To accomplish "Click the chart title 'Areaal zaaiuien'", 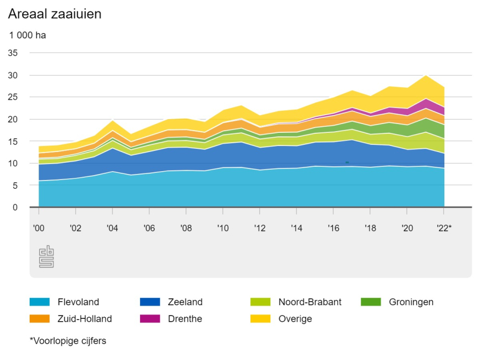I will pos(54,15).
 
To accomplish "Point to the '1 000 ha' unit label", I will pos(27,36).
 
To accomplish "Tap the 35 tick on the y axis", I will pos(13,53).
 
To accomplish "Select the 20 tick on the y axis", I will pos(13,119).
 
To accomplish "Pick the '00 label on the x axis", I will pos(39,227).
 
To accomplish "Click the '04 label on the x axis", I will pos(112,227).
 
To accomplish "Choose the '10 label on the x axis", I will pos(222,227).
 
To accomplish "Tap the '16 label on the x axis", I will pos(333,227).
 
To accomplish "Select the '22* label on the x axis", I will pos(444,227).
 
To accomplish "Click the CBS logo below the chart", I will pos(47,256).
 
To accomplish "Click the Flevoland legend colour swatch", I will pos(40,302).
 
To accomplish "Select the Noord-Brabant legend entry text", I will pos(310,302).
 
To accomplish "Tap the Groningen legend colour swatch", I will pos(371,302).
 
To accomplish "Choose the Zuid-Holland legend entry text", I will pos(85,318).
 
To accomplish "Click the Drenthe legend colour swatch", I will pos(150,318).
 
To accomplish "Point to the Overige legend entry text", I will pos(295,318).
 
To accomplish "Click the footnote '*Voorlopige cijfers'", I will pos(68,341).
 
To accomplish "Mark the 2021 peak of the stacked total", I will pos(426,75).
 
